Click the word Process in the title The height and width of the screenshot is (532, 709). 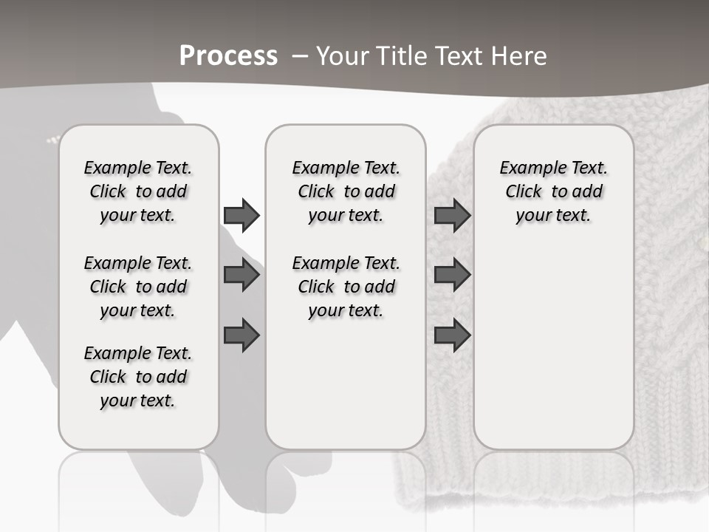[x=228, y=56]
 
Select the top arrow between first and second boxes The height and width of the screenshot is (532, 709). [x=242, y=215]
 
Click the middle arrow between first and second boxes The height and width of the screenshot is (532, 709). [x=242, y=276]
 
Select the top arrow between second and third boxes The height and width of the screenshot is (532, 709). [x=452, y=215]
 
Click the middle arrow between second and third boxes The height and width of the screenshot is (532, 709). [x=452, y=276]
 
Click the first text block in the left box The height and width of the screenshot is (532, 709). [x=138, y=191]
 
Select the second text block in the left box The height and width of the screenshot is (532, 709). [x=138, y=287]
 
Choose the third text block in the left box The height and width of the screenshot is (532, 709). [x=138, y=377]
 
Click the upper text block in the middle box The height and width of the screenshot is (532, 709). [x=346, y=191]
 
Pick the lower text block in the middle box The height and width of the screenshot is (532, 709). [x=346, y=287]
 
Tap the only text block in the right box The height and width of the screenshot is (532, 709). [x=553, y=191]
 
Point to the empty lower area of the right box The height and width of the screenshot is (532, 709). [x=553, y=347]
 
